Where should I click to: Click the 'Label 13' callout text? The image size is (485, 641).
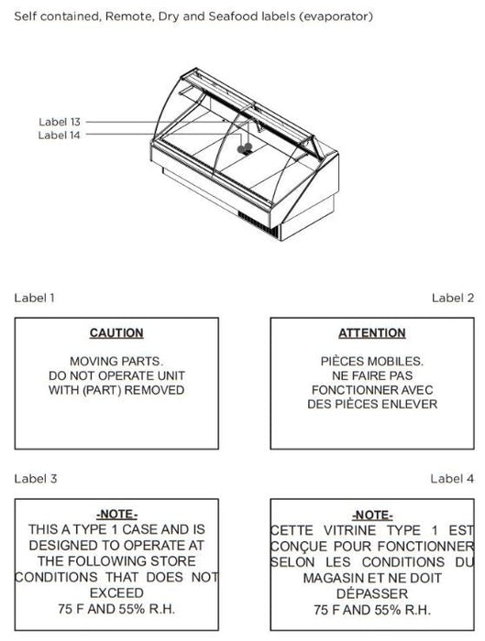pyautogui.click(x=60, y=122)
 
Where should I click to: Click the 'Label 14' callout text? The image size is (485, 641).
pyautogui.click(x=59, y=136)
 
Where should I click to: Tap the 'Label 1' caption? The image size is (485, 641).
pyautogui.click(x=34, y=298)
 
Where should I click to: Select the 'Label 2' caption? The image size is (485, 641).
pyautogui.click(x=453, y=298)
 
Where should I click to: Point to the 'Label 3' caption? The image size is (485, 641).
pyautogui.click(x=36, y=479)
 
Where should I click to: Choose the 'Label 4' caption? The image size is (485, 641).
pyautogui.click(x=452, y=479)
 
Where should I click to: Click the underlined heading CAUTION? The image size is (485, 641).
pyautogui.click(x=116, y=333)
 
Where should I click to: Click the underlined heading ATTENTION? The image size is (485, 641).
pyautogui.click(x=372, y=333)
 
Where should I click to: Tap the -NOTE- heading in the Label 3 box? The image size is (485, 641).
pyautogui.click(x=116, y=515)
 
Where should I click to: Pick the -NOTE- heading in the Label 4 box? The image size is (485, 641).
pyautogui.click(x=372, y=515)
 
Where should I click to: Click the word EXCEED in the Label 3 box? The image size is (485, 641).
pyautogui.click(x=116, y=592)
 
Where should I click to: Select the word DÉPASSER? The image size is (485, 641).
pyautogui.click(x=372, y=593)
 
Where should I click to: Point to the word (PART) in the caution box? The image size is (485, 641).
pyautogui.click(x=102, y=390)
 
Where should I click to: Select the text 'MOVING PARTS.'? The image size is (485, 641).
pyautogui.click(x=116, y=362)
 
